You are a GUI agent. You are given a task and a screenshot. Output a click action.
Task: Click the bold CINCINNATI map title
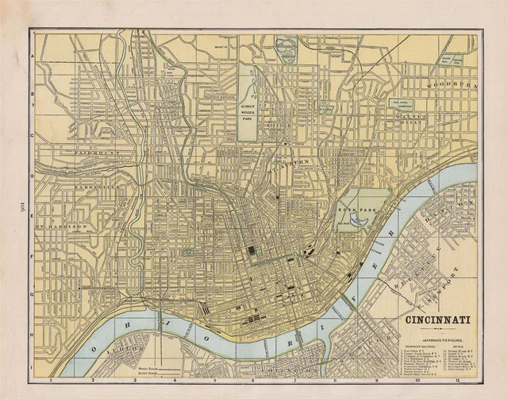pos(437,321)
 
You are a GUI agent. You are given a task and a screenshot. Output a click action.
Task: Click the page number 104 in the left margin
pos(13,199)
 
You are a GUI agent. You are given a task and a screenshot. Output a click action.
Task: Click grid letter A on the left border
pos(33,58)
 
